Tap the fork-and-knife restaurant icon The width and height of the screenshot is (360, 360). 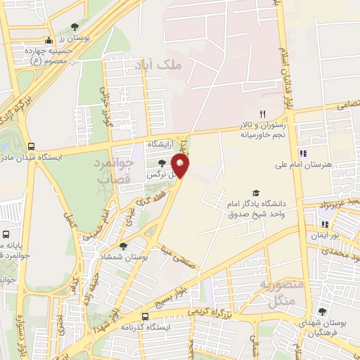click(262, 114)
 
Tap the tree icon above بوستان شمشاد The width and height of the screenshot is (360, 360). click(123, 246)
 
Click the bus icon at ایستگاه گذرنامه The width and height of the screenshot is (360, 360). click(145, 316)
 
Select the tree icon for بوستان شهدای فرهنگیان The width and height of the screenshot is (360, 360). click(321, 311)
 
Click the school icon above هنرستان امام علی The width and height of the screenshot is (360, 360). click(302, 153)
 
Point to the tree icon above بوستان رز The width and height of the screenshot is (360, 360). click(75, 27)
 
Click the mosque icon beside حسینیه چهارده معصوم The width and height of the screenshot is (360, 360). click(48, 40)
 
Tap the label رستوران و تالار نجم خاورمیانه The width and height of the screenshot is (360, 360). click(264, 128)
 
